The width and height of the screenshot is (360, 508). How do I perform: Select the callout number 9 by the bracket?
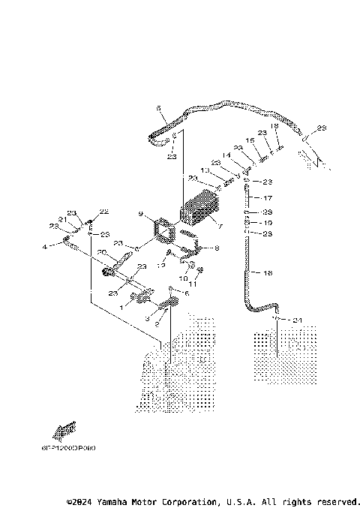click(139, 215)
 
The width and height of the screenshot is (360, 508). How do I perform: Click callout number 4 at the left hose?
click(45, 245)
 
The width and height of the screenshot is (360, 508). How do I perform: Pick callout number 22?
click(104, 212)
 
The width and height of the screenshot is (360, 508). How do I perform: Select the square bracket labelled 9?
click(163, 230)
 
